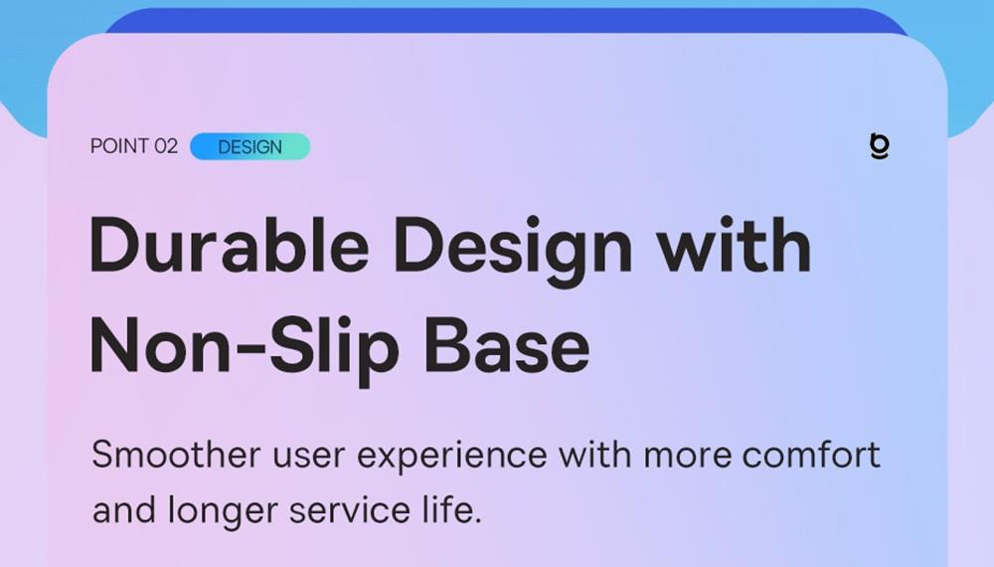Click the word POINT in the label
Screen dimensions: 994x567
[x=119, y=146]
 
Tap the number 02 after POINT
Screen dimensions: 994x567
[x=166, y=146]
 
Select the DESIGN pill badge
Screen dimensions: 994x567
[x=250, y=146]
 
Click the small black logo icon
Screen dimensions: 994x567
[x=880, y=146]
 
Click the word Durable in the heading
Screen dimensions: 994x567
[x=230, y=245]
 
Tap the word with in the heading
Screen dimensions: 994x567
[x=734, y=245]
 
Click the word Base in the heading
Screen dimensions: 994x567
[x=507, y=345]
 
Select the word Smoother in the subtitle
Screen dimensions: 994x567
[x=176, y=455]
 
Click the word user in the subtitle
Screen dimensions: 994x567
[x=309, y=458]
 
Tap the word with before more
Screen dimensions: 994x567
[x=594, y=455]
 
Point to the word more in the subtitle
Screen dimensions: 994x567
[x=687, y=458]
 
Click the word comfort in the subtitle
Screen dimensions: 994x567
[x=811, y=455]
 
